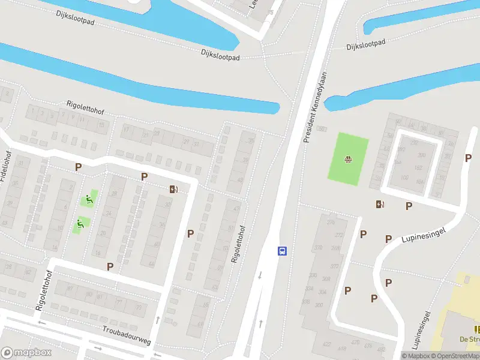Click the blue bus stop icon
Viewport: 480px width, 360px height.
coord(282,251)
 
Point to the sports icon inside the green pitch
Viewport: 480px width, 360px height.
coord(347,159)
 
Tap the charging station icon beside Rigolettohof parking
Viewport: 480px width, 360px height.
coord(174,190)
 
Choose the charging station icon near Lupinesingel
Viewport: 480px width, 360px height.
coord(379,204)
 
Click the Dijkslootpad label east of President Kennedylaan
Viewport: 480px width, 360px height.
coord(365,45)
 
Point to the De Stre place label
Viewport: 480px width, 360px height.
coord(470,339)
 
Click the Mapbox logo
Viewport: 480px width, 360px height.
coord(25,353)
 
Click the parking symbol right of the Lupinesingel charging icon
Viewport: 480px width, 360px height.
coord(409,206)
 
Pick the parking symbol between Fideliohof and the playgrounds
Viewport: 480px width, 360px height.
coord(78,167)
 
